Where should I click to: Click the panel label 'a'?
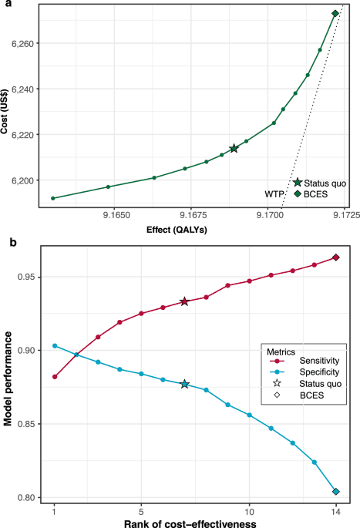pyautogui.click(x=5, y=5)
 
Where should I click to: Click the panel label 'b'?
pyautogui.click(x=5, y=243)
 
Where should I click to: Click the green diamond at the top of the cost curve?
pyautogui.click(x=335, y=13)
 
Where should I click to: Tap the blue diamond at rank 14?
pyautogui.click(x=335, y=492)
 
